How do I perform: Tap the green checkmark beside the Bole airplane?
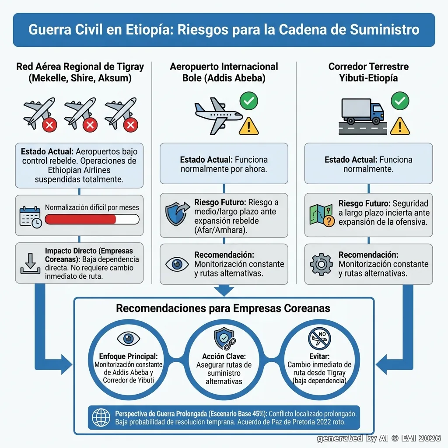tap(249, 101)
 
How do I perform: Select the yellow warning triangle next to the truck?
tap(400, 126)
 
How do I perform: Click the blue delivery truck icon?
tap(363, 112)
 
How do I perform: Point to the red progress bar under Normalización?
tap(80, 220)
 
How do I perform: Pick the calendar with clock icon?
tap(31, 217)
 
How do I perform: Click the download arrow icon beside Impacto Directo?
tap(30, 263)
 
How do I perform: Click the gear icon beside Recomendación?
tap(322, 264)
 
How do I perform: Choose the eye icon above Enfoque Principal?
tap(128, 339)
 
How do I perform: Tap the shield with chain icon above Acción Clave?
tap(224, 339)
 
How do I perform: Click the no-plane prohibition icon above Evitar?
tap(319, 338)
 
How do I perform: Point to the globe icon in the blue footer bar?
tap(101, 417)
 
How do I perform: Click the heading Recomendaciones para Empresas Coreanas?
tap(223, 308)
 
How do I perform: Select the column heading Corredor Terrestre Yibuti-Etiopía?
tap(368, 72)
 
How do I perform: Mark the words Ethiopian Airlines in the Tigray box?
tap(79, 170)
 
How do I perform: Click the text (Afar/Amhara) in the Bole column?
tap(221, 230)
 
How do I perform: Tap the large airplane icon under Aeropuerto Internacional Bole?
tap(218, 115)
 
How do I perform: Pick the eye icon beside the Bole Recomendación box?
tap(177, 264)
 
